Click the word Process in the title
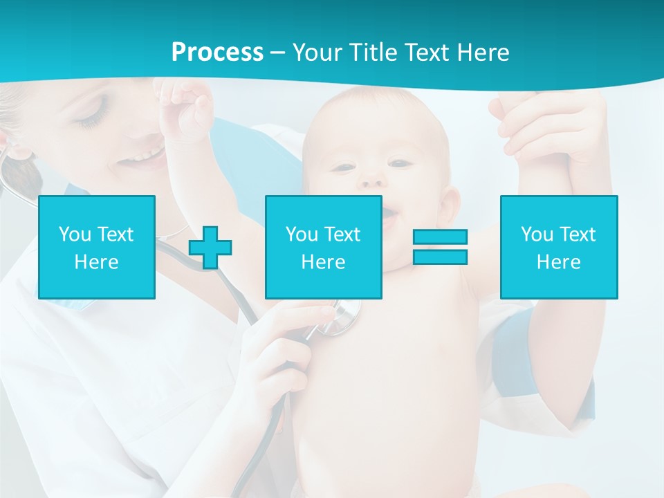coord(217,53)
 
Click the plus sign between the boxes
coord(210,247)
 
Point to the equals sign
coord(440,247)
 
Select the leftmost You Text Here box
coord(97,247)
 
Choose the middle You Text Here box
coord(324,247)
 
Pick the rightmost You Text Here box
coord(559,247)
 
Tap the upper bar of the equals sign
coord(440,237)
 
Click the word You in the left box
coord(75,234)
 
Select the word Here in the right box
coord(559,262)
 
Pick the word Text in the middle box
coord(343,234)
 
